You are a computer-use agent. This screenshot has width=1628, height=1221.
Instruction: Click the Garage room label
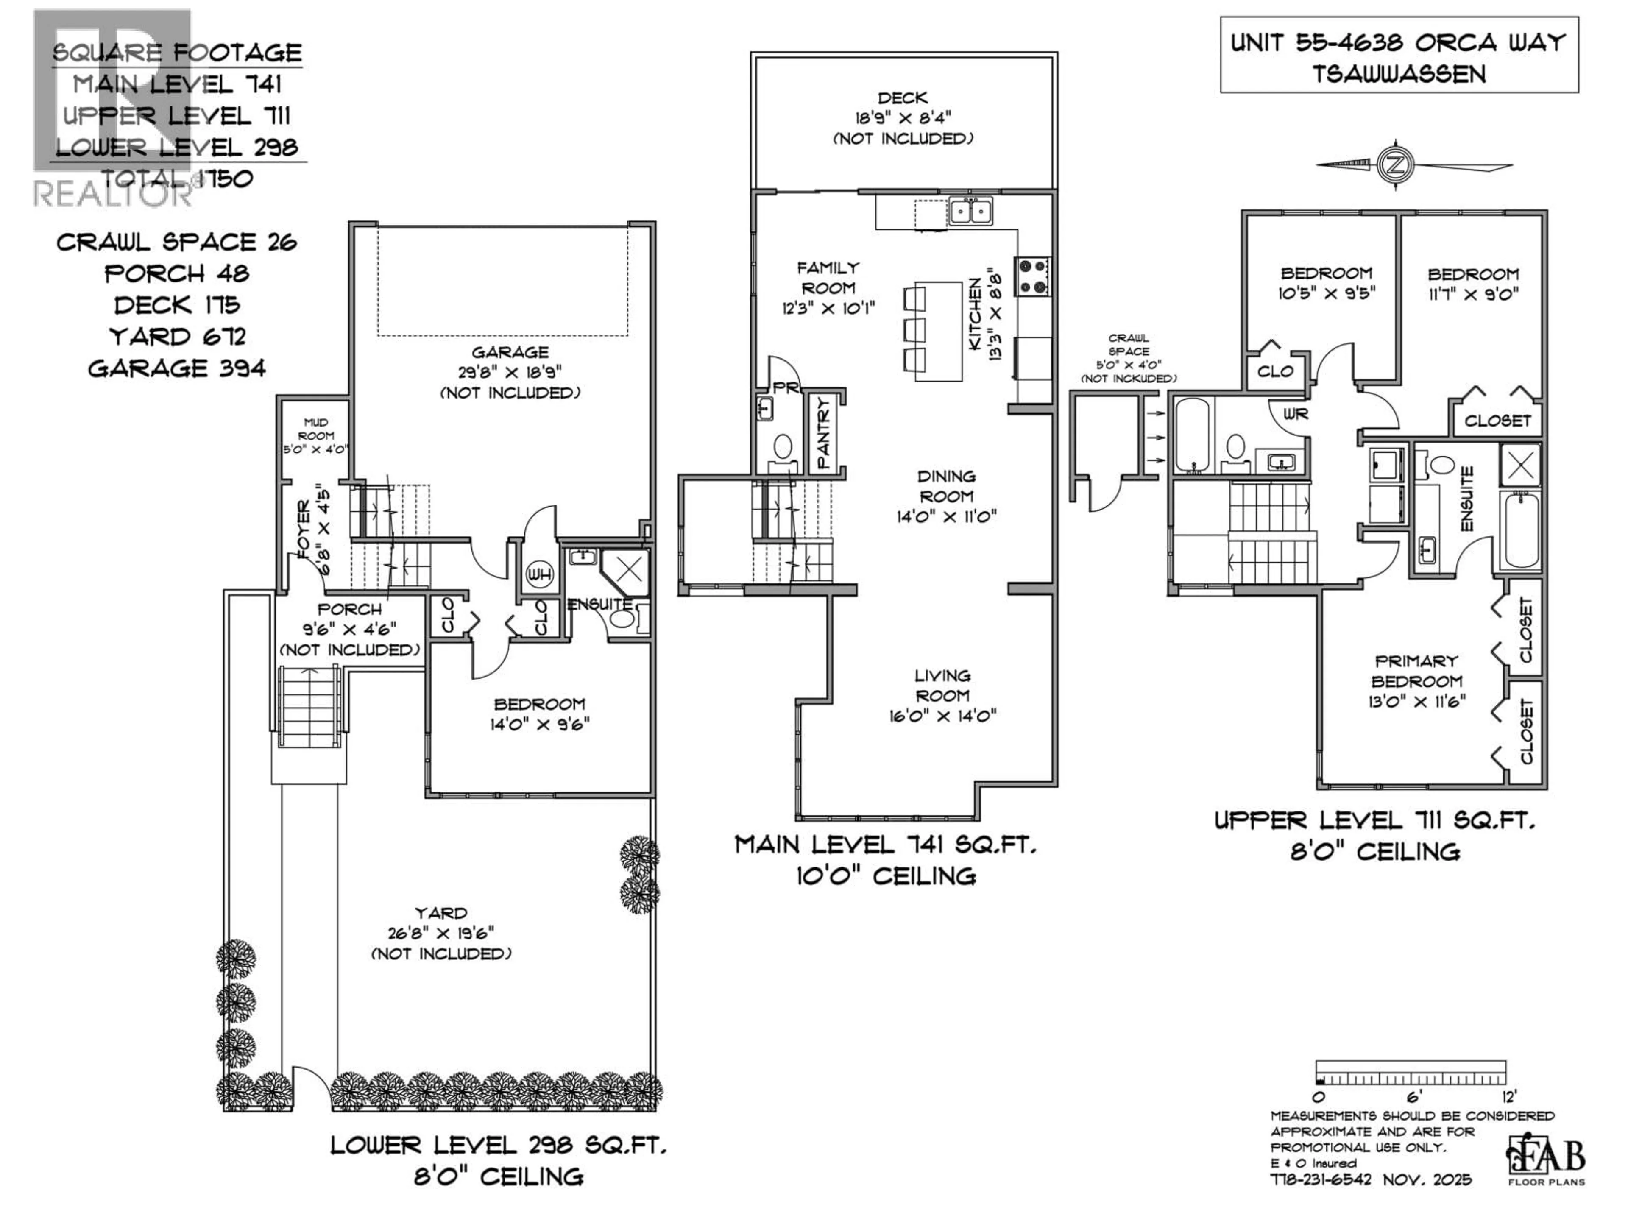[x=510, y=372]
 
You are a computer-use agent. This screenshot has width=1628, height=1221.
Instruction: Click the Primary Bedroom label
[x=1417, y=681]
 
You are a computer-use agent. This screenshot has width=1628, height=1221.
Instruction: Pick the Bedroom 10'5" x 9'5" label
[x=1326, y=283]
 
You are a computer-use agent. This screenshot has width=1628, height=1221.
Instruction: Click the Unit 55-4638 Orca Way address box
[x=1398, y=57]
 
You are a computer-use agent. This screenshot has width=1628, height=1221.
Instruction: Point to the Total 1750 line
[x=177, y=178]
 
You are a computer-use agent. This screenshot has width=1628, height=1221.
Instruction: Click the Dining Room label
[x=946, y=496]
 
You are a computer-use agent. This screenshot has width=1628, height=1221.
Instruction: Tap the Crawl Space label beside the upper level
[x=1128, y=358]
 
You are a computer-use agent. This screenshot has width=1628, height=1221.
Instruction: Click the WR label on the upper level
[x=1295, y=414]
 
